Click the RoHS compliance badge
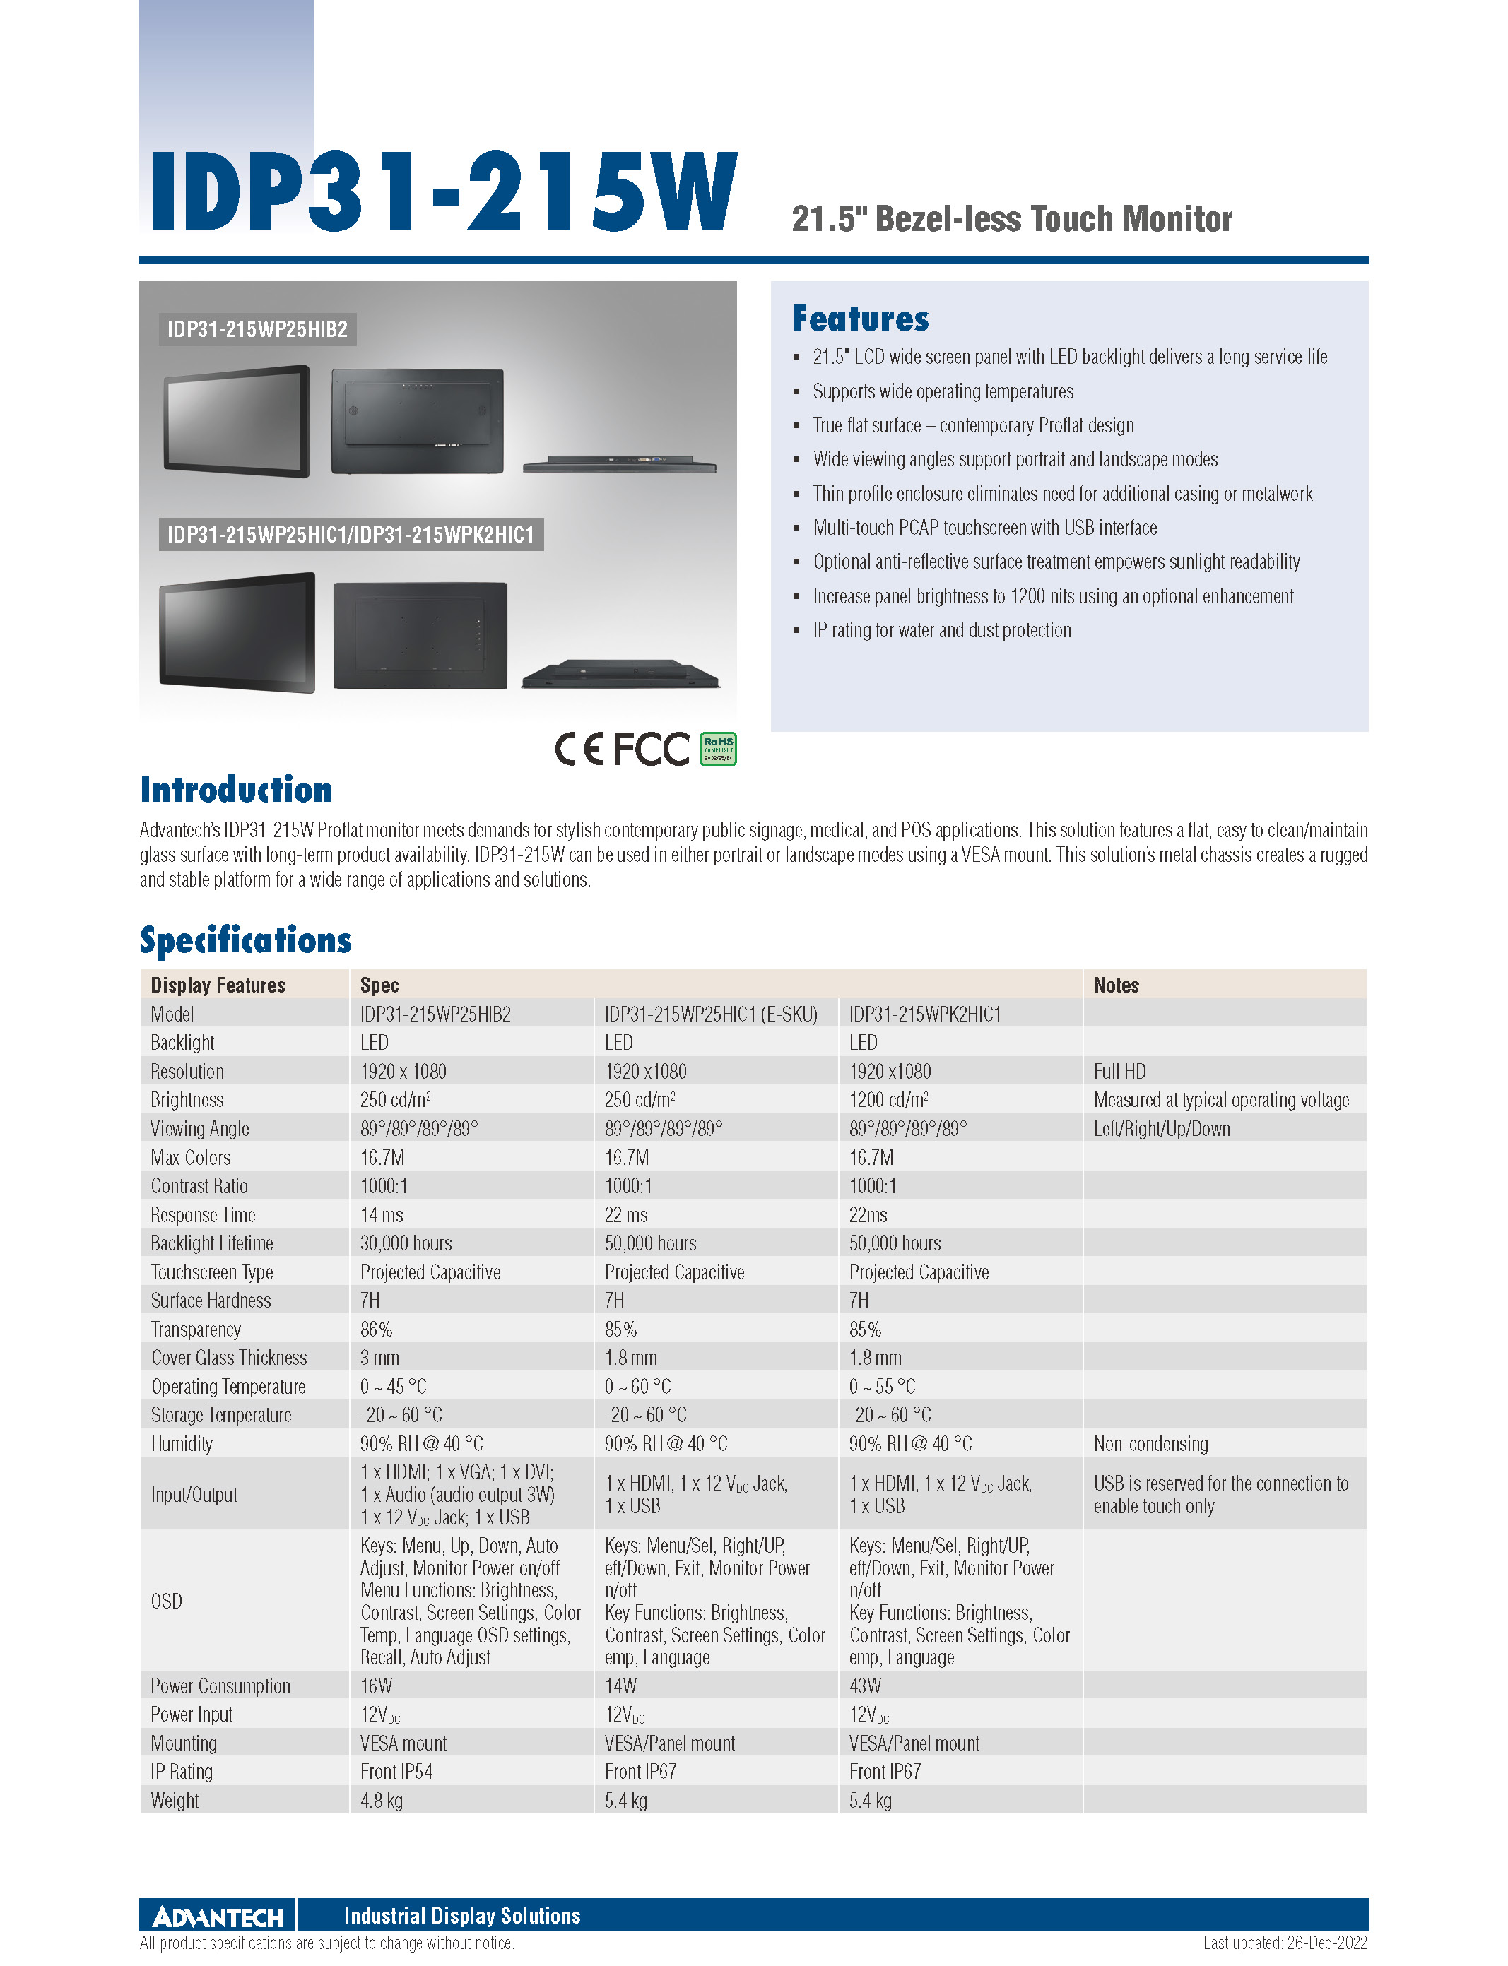[x=717, y=748]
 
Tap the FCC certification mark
[x=651, y=748]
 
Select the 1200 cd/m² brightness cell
[x=889, y=1099]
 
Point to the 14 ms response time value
[x=382, y=1214]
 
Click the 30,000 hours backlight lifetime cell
[x=406, y=1243]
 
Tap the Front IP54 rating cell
[x=396, y=1771]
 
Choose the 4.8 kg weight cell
[x=382, y=1800]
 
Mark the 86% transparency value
[x=376, y=1329]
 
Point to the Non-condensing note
[x=1150, y=1444]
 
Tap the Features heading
[x=860, y=319]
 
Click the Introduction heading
[x=236, y=790]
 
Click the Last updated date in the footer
[x=1285, y=1943]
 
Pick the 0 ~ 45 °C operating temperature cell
[x=393, y=1386]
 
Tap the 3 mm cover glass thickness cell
[x=379, y=1358]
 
